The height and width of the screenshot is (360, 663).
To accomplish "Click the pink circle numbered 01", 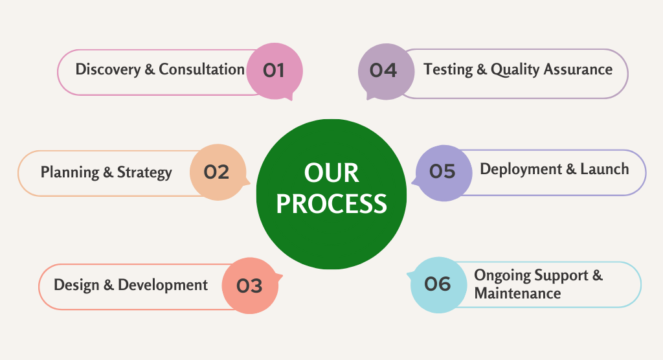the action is [x=275, y=71].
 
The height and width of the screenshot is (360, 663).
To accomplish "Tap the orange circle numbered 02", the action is [x=218, y=172].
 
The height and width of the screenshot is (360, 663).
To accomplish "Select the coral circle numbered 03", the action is [x=251, y=286].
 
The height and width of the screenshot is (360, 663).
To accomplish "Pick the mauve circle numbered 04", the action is [x=386, y=71].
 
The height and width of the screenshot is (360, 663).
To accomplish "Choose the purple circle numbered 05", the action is [x=444, y=173].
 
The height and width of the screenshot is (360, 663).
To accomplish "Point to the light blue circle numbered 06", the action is [x=438, y=285].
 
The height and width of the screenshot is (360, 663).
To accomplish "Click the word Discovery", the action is [x=108, y=69].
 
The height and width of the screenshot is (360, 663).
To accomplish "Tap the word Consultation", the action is [x=202, y=69].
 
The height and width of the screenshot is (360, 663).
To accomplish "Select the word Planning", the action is [x=70, y=173].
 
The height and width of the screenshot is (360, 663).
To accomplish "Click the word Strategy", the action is [x=144, y=173].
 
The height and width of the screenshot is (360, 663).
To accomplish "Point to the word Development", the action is [x=163, y=285].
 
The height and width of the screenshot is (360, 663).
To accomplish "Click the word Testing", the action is [x=448, y=69].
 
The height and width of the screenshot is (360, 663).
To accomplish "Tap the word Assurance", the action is [x=578, y=69].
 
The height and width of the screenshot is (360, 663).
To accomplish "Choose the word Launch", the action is [x=605, y=169].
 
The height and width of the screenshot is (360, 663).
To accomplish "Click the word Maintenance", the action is [x=517, y=293].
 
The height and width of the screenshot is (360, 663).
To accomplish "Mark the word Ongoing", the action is [x=502, y=276].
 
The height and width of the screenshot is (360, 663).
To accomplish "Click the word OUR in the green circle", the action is [x=331, y=173].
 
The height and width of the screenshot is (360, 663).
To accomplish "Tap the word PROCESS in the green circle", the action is [x=331, y=203].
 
